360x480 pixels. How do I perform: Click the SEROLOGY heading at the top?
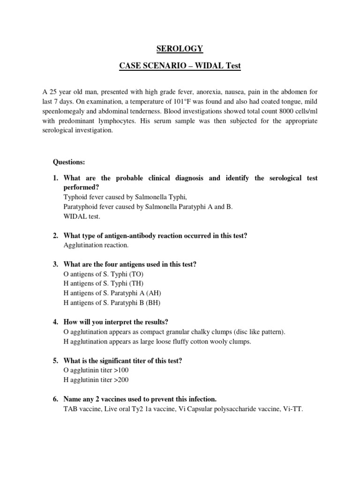click(180, 49)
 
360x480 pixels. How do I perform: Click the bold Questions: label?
click(69, 162)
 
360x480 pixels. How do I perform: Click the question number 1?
click(55, 178)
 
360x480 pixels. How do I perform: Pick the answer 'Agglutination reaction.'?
click(95, 245)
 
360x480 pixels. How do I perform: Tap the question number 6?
click(55, 399)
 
